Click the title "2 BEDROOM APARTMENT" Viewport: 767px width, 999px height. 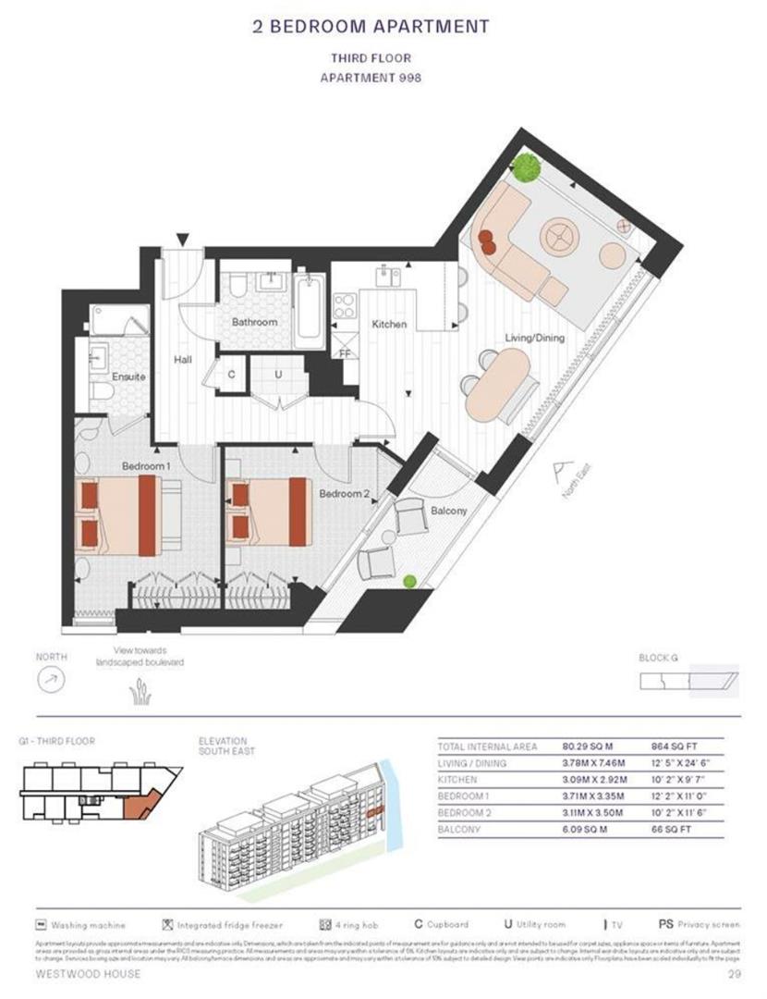pos(371,26)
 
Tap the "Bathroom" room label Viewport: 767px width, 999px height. pos(254,322)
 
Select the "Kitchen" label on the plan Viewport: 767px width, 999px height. pos(389,325)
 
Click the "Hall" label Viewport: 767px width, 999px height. pos(182,359)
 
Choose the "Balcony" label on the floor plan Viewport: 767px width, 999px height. pos(448,511)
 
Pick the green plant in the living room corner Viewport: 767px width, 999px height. pos(527,168)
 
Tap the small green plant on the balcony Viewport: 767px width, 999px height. pos(409,581)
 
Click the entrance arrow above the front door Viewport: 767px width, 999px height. pos(183,239)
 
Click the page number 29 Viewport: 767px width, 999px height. pos(729,975)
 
